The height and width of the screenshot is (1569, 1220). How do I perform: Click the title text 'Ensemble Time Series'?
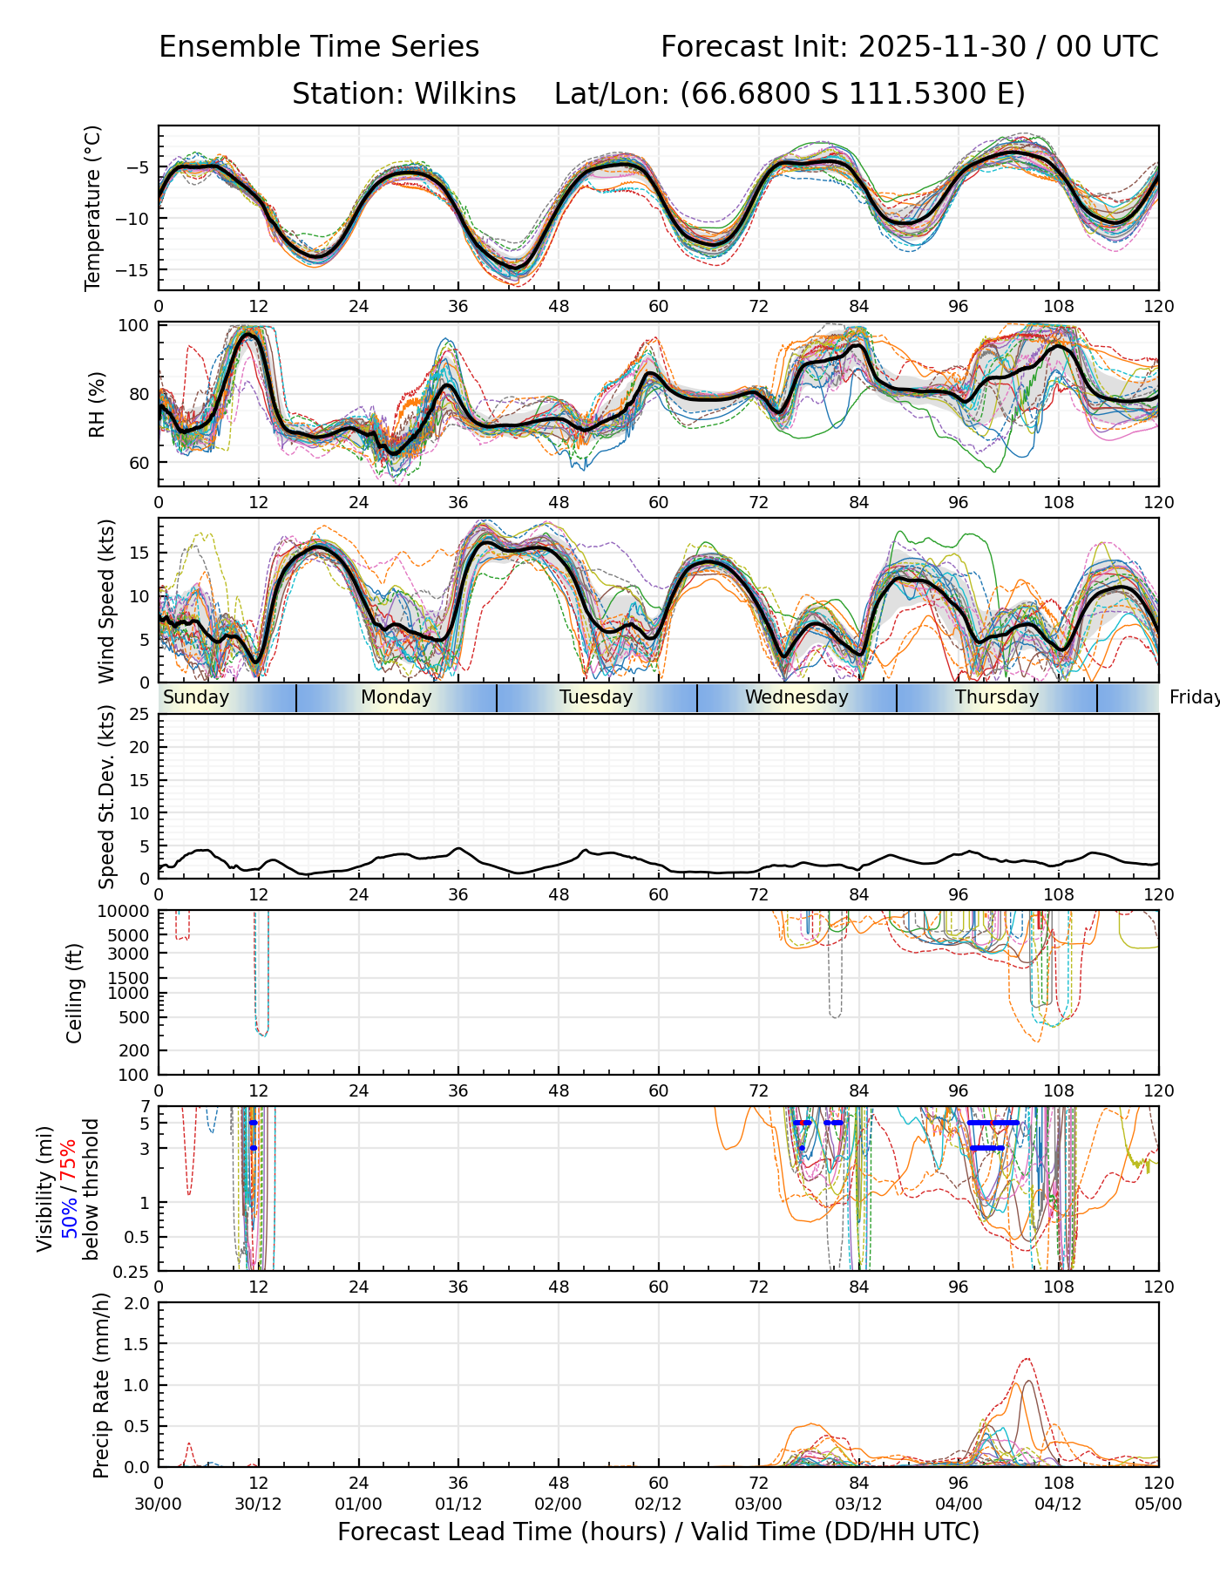coord(319,47)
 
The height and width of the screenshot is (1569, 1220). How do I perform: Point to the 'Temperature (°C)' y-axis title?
coord(93,207)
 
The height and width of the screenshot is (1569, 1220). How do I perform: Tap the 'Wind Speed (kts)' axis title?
coord(106,601)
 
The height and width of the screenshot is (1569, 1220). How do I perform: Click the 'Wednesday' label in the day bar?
coord(796,697)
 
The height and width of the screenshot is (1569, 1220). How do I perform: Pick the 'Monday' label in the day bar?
coord(396,697)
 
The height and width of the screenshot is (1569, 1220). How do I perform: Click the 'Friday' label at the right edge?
coord(1194,697)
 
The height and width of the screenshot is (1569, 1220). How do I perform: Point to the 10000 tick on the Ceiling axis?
coord(126,911)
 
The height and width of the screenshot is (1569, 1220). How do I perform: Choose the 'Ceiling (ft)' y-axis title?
coord(75,993)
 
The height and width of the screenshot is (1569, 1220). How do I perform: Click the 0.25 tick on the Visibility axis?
coord(132,1271)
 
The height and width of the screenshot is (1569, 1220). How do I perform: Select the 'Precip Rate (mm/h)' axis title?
coord(101,1385)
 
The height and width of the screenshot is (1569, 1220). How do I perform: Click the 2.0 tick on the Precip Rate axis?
coord(138,1303)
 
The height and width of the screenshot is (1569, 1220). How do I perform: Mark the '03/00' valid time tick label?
coord(758,1504)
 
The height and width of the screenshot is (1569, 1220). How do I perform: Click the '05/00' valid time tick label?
coord(1158,1504)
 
